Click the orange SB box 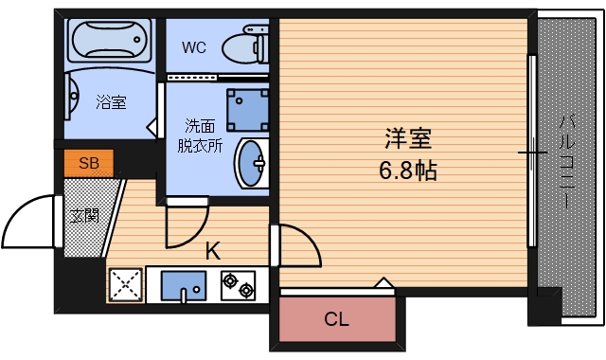click(x=89, y=163)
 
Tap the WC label click(x=194, y=46)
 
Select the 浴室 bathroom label click(x=111, y=102)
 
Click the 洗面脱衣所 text click(x=200, y=135)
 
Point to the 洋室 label click(x=408, y=139)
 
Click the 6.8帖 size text click(x=408, y=172)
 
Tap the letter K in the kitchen click(x=213, y=251)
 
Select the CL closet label click(x=337, y=319)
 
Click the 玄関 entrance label click(x=83, y=215)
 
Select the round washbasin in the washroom click(x=251, y=164)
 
